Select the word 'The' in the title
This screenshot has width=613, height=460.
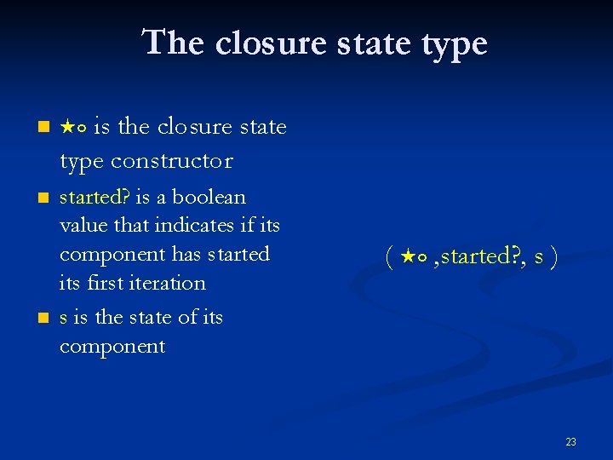(175, 43)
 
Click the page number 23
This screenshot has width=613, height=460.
(570, 441)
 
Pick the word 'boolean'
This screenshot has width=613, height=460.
(209, 198)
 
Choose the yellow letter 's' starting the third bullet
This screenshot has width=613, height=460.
(64, 319)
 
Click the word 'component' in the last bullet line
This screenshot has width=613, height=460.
(112, 347)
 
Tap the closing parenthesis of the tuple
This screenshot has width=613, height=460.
(553, 256)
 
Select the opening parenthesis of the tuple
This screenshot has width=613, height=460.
(388, 256)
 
